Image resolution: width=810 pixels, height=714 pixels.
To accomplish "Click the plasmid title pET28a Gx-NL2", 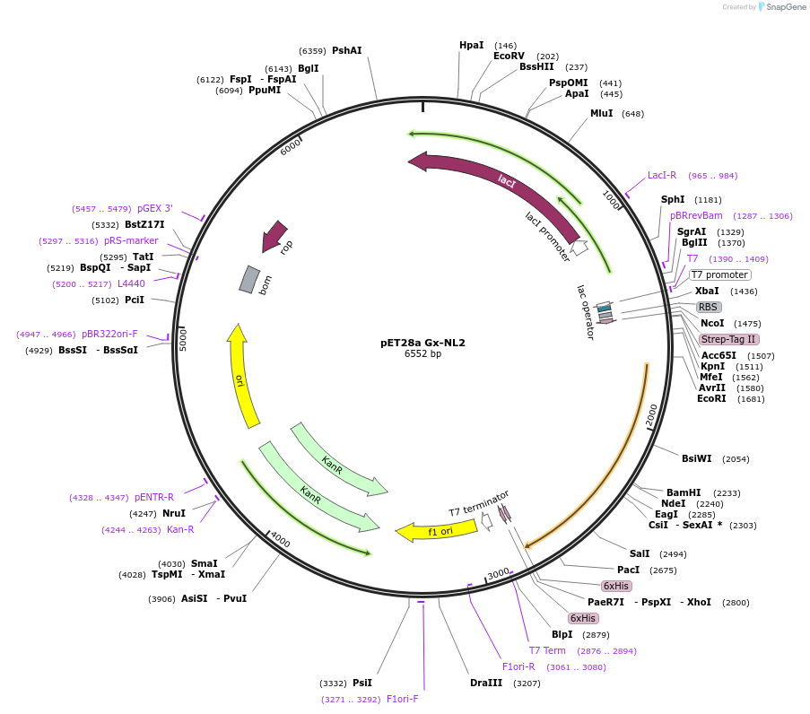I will click(x=422, y=342).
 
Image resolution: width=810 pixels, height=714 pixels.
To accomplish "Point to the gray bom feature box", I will click(x=249, y=279).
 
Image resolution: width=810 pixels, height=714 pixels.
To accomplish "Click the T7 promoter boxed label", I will click(x=719, y=274).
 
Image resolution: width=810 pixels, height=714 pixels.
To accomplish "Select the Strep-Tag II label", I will click(x=728, y=339).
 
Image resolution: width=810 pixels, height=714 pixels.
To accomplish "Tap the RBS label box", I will click(x=709, y=307).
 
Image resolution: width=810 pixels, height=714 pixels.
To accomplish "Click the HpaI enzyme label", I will click(x=471, y=45).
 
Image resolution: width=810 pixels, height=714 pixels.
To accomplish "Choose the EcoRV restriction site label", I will click(x=509, y=56).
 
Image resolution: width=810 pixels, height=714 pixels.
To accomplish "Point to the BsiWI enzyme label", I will click(x=696, y=458).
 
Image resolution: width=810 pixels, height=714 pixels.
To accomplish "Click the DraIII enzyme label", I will click(x=486, y=683).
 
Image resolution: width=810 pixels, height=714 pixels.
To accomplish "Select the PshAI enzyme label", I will click(x=347, y=50).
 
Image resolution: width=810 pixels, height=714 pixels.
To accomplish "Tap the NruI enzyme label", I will click(x=174, y=513).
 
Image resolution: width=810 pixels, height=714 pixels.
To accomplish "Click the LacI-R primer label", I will click(x=662, y=175).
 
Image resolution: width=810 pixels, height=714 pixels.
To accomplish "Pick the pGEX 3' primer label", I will click(x=155, y=208).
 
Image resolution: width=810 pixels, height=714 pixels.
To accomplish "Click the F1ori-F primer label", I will click(x=403, y=699).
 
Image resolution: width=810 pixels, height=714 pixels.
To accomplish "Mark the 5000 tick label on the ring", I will click(x=182, y=340).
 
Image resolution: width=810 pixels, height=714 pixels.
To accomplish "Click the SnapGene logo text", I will click(x=783, y=7).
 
